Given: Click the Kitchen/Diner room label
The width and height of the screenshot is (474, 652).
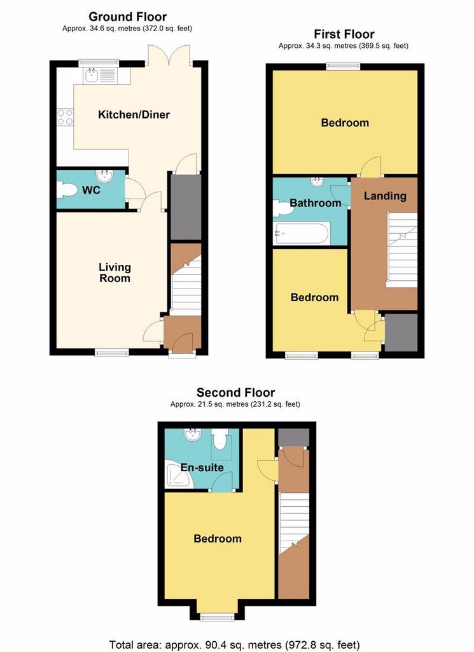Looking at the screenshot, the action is pyautogui.click(x=134, y=115).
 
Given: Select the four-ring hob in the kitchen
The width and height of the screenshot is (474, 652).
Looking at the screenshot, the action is pyautogui.click(x=66, y=117).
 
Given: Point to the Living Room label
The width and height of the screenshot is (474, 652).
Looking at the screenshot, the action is pyautogui.click(x=115, y=273).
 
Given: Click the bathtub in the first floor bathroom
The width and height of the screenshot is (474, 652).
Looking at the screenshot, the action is pyautogui.click(x=302, y=233).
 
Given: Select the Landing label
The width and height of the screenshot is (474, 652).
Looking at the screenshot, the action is pyautogui.click(x=385, y=196).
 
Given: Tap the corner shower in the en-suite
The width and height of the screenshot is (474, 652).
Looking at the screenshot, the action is pyautogui.click(x=179, y=474).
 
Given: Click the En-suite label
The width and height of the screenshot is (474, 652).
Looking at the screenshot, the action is pyautogui.click(x=202, y=467).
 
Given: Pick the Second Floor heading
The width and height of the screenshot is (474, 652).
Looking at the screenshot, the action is pyautogui.click(x=235, y=392).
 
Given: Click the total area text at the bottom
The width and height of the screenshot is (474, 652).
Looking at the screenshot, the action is pyautogui.click(x=234, y=645).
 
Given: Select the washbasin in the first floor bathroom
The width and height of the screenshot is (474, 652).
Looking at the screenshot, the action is pyautogui.click(x=317, y=181).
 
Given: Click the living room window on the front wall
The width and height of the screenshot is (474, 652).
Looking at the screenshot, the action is pyautogui.click(x=112, y=353).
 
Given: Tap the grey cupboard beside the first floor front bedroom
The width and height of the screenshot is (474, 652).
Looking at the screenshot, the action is pyautogui.click(x=401, y=332).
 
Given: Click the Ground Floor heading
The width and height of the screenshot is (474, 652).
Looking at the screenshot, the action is pyautogui.click(x=127, y=17).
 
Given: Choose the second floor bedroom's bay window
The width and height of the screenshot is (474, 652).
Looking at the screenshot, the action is pyautogui.click(x=217, y=618).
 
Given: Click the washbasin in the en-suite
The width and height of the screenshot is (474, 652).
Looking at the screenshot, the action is pyautogui.click(x=193, y=436).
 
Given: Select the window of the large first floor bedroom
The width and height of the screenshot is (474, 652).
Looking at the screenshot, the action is pyautogui.click(x=343, y=66).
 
